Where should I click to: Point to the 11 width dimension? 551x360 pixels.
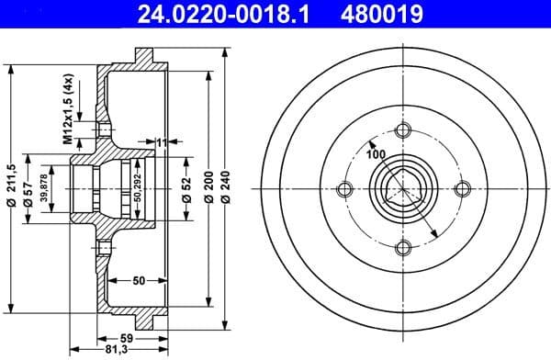(162, 142)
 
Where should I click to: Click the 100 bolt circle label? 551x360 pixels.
(376, 153)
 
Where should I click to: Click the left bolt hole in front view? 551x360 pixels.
(345, 190)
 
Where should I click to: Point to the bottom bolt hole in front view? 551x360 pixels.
(401, 247)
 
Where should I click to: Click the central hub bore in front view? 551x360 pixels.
(401, 190)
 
